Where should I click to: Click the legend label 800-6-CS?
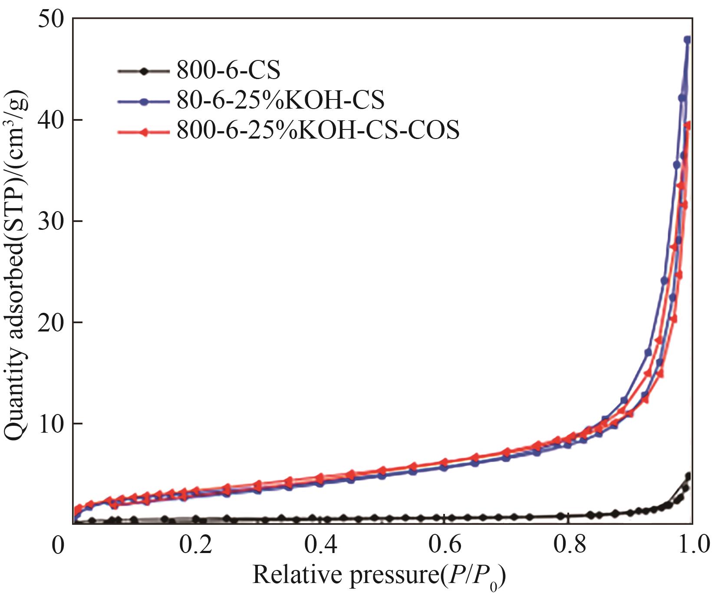point(228,70)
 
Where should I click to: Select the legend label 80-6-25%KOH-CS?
point(280,100)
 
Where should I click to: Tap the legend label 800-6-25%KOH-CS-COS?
point(318,129)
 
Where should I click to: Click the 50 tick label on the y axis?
point(51,20)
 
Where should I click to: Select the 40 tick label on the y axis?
point(51,120)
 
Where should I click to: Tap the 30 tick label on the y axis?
point(51,221)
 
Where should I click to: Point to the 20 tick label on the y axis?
point(51,322)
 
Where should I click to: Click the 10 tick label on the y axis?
point(51,424)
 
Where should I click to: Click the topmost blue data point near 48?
point(687,40)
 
